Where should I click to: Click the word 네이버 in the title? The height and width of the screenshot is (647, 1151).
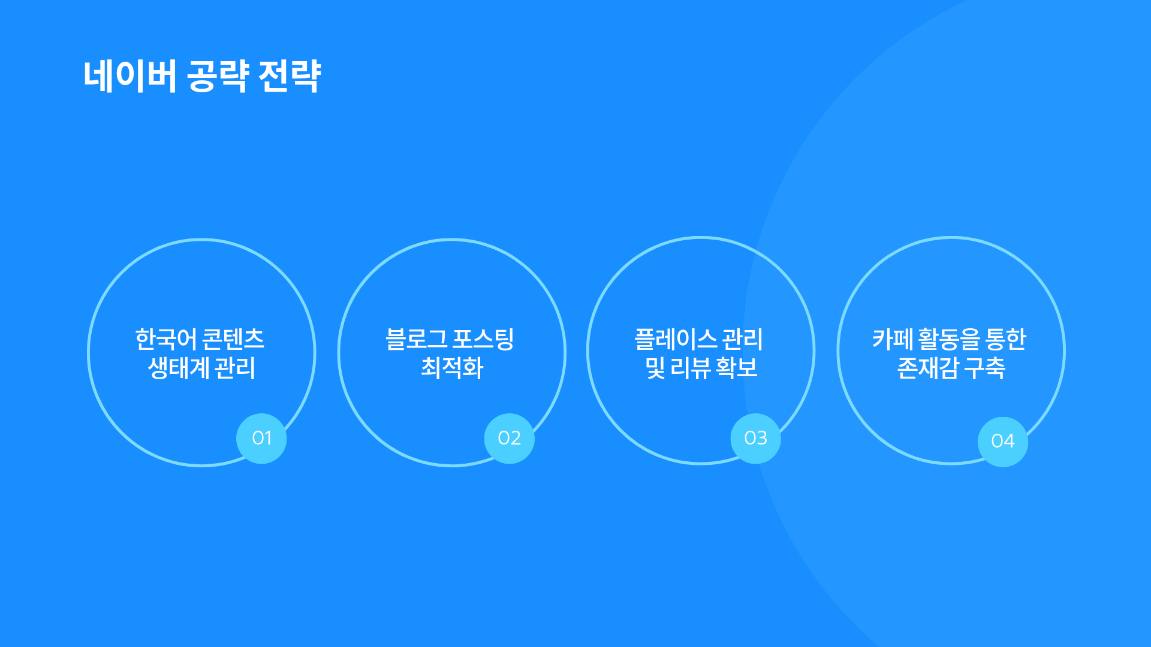coord(130,76)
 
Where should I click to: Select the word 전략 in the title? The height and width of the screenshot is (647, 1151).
coord(290,76)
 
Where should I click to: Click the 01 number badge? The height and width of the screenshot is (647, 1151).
coord(261,439)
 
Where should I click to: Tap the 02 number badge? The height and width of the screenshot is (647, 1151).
coord(509,439)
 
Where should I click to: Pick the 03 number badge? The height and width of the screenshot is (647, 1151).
coord(755,439)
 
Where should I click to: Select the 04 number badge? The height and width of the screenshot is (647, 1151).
coord(1003,442)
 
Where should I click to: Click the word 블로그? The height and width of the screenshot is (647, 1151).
coord(416,339)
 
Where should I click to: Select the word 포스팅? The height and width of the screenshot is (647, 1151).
coord(483,339)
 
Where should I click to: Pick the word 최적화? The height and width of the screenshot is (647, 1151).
coord(452,368)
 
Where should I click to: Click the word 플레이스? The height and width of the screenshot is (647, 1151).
coord(676,339)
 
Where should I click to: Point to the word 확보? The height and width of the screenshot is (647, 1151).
coord(737,368)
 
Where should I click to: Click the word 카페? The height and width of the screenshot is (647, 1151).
coord(893,339)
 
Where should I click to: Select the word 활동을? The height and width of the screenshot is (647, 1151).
coord(949,339)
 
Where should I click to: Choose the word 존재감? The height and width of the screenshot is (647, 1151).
coord(928,368)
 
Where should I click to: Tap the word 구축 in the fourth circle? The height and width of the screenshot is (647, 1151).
coord(985,368)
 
